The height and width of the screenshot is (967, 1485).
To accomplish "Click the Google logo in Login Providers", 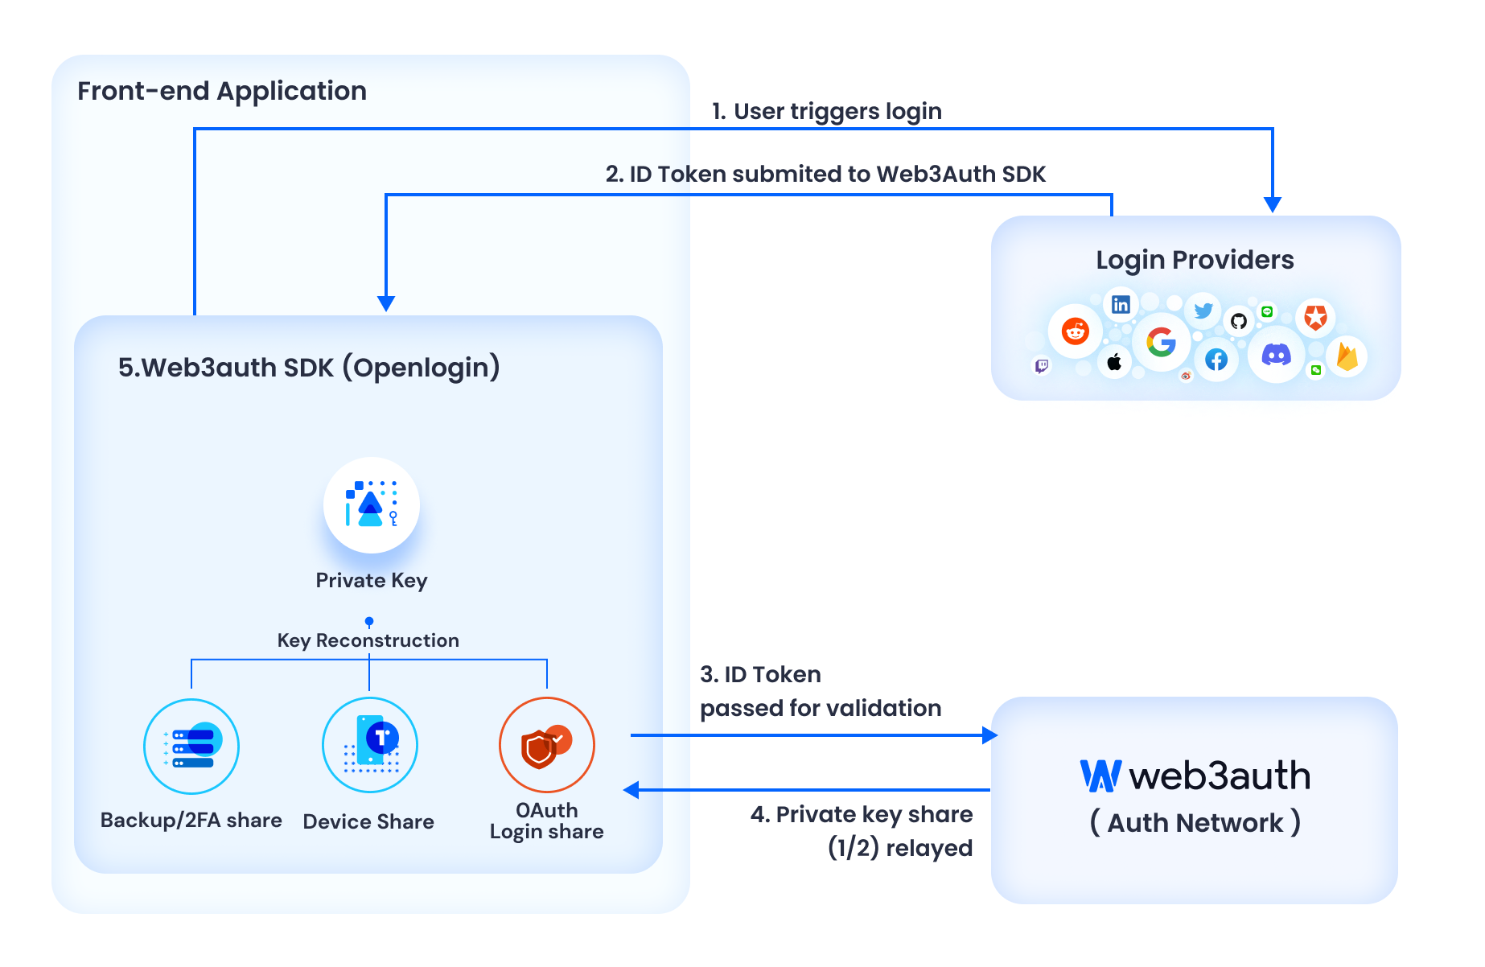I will click(x=1161, y=342).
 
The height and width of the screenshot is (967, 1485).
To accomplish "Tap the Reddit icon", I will click(x=1076, y=331).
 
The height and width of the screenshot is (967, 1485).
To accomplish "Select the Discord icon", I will click(x=1276, y=354).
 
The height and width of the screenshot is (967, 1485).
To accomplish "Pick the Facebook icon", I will click(x=1216, y=360).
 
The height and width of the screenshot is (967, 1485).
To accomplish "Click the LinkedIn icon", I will click(x=1121, y=304).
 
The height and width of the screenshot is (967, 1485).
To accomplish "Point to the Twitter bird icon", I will click(x=1203, y=311).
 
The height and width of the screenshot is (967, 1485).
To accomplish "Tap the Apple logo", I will click(x=1114, y=362).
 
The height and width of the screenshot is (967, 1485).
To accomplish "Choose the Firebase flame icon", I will click(x=1347, y=356).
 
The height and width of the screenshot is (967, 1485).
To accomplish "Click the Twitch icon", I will click(x=1042, y=366).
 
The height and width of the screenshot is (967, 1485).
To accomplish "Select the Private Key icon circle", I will click(x=371, y=505).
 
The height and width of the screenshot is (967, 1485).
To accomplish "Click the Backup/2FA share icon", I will click(x=191, y=747).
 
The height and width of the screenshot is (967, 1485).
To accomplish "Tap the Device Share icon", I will click(x=369, y=745).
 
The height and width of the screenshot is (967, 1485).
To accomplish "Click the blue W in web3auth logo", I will click(x=1100, y=776).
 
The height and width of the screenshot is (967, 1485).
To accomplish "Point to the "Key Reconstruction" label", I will click(x=368, y=640).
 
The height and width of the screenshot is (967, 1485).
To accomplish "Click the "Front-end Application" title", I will click(x=222, y=91).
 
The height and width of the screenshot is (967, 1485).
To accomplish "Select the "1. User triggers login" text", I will click(x=827, y=111).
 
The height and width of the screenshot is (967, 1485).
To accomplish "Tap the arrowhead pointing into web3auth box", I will click(x=989, y=735).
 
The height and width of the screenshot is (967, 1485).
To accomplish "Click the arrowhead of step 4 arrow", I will click(x=632, y=790).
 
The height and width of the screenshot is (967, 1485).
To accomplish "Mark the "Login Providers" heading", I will click(x=1195, y=260).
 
